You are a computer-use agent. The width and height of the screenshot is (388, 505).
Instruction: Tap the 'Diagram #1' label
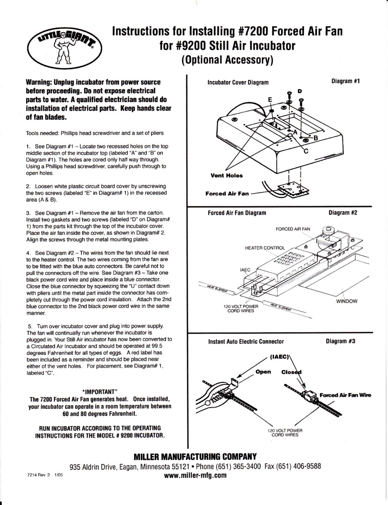(x=346, y=81)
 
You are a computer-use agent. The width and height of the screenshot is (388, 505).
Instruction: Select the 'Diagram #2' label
(x=343, y=212)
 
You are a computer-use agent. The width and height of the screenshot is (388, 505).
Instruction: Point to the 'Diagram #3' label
(x=341, y=341)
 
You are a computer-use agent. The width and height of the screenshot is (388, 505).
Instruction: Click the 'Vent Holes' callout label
(x=226, y=175)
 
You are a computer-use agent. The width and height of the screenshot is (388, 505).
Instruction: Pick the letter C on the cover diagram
(x=306, y=151)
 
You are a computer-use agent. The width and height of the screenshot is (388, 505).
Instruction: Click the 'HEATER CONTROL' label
(x=265, y=248)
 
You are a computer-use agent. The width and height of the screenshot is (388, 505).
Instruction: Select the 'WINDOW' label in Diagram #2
(x=346, y=301)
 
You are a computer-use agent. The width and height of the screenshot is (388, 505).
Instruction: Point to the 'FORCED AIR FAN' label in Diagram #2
(x=293, y=229)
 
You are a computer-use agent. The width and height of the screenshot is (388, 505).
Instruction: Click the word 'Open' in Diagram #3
(x=263, y=372)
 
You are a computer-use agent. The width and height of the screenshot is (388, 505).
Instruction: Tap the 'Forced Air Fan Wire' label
(x=345, y=395)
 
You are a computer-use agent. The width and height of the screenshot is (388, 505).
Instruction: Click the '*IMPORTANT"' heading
(x=99, y=391)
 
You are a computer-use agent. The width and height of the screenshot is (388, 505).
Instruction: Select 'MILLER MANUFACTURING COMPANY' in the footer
(x=195, y=457)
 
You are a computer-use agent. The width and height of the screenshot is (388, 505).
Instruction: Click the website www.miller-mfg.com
(x=195, y=475)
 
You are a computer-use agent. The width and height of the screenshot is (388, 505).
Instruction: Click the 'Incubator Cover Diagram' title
(x=238, y=82)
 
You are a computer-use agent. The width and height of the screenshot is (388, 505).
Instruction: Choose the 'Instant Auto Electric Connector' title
(x=246, y=341)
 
